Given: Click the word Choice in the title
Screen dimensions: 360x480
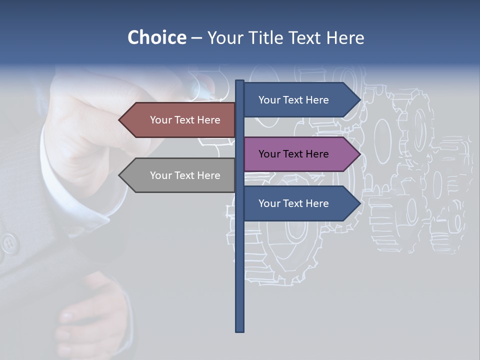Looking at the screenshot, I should [x=156, y=38].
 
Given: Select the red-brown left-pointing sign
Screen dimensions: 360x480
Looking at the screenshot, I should [x=180, y=120].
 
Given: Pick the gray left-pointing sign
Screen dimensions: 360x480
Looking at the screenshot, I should [x=180, y=175].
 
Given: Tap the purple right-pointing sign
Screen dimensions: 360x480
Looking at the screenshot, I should [x=297, y=154].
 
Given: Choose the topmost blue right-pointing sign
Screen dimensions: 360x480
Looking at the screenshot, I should [x=297, y=100].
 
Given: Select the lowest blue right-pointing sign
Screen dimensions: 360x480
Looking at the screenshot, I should [x=297, y=203].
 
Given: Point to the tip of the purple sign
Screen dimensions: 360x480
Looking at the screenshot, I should [x=359, y=154].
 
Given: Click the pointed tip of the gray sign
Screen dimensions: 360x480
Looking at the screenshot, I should [x=120, y=175].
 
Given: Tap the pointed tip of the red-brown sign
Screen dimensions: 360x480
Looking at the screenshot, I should [x=120, y=120].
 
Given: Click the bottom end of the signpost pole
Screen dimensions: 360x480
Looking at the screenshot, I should [x=239, y=330].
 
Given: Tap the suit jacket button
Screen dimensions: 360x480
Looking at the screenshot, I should [x=8, y=244].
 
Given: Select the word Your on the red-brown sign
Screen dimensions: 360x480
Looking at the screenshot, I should [x=161, y=120].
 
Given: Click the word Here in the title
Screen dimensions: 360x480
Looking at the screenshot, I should [x=345, y=38].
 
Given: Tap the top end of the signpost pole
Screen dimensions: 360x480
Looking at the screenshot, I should [x=239, y=81].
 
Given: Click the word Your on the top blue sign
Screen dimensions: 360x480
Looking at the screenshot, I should [x=269, y=100].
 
